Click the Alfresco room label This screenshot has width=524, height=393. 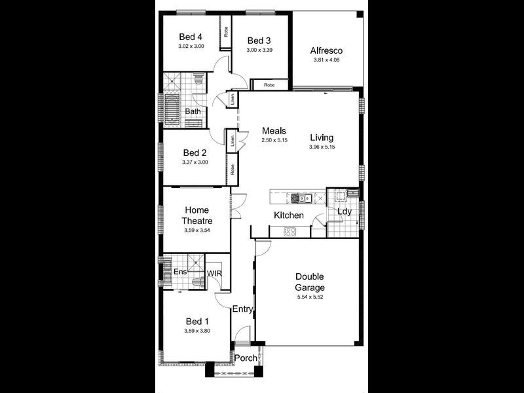tap(326, 50)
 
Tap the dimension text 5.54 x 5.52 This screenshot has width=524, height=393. tap(310, 298)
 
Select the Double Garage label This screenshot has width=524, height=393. tap(310, 282)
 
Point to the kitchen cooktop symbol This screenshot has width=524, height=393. tap(289, 231)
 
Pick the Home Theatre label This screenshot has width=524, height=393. tap(197, 215)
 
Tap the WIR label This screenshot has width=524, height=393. tap(215, 273)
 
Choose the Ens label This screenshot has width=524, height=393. tap(179, 271)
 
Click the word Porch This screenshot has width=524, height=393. tap(246, 358)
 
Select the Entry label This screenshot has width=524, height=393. tap(243, 309)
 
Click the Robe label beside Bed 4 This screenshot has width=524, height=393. tap(225, 30)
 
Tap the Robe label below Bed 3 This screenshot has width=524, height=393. tap(269, 85)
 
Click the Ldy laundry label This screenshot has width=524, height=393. tap(344, 212)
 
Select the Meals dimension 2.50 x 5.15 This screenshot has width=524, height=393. tap(274, 141)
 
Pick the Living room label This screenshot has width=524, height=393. tap(322, 138)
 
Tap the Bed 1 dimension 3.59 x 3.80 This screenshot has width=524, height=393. tap(197, 331)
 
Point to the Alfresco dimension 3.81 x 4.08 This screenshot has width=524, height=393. tap(326, 60)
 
